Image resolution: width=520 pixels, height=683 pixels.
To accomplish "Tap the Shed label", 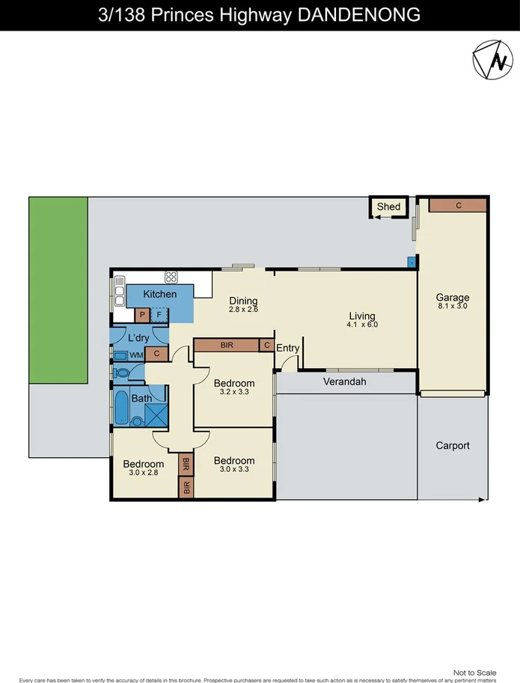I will tap(388, 206).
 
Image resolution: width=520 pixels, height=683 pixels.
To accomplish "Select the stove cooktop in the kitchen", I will tap(171, 276).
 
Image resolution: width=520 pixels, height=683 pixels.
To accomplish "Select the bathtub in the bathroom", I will tap(120, 408).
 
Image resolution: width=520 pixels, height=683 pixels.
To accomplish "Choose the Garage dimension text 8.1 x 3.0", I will tap(453, 305).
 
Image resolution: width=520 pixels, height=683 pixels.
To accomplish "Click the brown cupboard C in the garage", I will tap(457, 205).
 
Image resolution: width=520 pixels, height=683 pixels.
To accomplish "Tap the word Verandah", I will tap(344, 382).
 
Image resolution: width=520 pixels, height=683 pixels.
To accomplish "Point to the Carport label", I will tap(453, 445).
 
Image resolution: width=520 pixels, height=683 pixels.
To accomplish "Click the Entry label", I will tap(288, 348).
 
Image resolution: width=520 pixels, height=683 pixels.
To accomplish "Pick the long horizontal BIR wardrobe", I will tap(226, 345).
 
